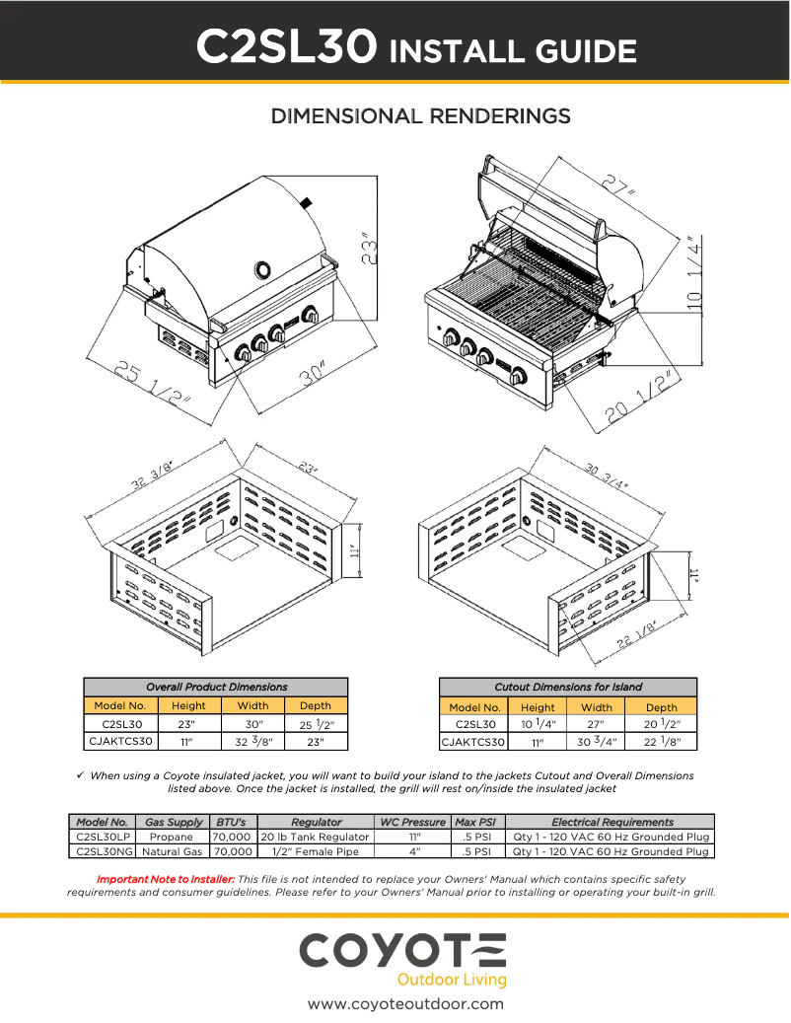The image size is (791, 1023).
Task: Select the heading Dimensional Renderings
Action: click(x=420, y=116)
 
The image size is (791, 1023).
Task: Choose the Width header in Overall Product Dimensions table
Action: click(x=252, y=705)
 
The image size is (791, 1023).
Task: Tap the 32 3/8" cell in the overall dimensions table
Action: click(x=252, y=741)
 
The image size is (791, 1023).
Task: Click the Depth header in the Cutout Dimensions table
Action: click(x=661, y=706)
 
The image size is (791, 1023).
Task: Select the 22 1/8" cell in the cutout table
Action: click(x=661, y=742)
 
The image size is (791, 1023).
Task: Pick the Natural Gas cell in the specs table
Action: click(x=173, y=850)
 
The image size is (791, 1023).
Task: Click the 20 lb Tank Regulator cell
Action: click(x=316, y=837)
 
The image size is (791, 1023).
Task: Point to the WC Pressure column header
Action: click(x=412, y=822)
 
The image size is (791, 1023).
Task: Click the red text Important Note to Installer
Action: click(x=165, y=878)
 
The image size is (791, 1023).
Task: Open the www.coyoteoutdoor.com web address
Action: click(x=405, y=1004)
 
